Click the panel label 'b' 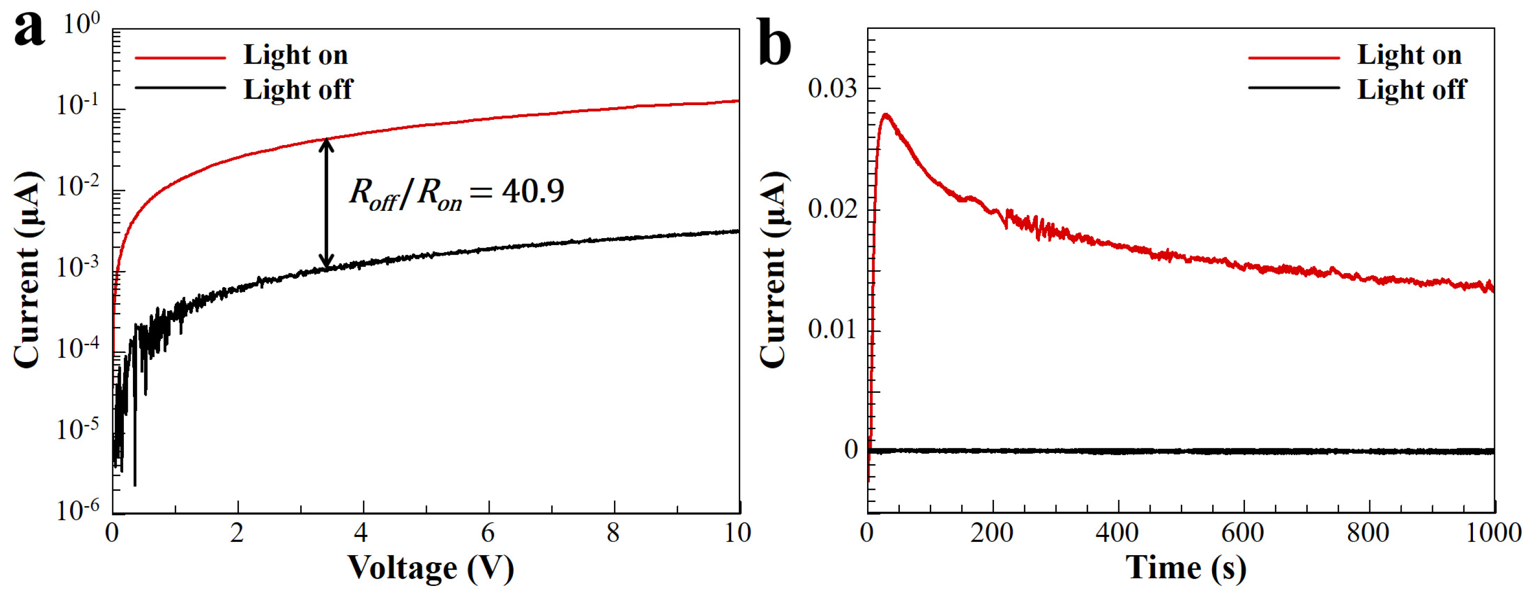[775, 43]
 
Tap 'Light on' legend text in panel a [296, 55]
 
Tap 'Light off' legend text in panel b [1411, 89]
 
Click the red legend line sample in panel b [1294, 58]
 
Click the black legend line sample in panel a [180, 88]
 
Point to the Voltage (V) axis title [431, 568]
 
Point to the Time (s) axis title [1185, 568]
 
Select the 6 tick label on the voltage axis [488, 533]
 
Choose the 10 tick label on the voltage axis [738, 533]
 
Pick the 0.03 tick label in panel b [832, 88]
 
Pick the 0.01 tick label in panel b [832, 330]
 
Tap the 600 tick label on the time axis [1243, 533]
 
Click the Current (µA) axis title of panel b [774, 270]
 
